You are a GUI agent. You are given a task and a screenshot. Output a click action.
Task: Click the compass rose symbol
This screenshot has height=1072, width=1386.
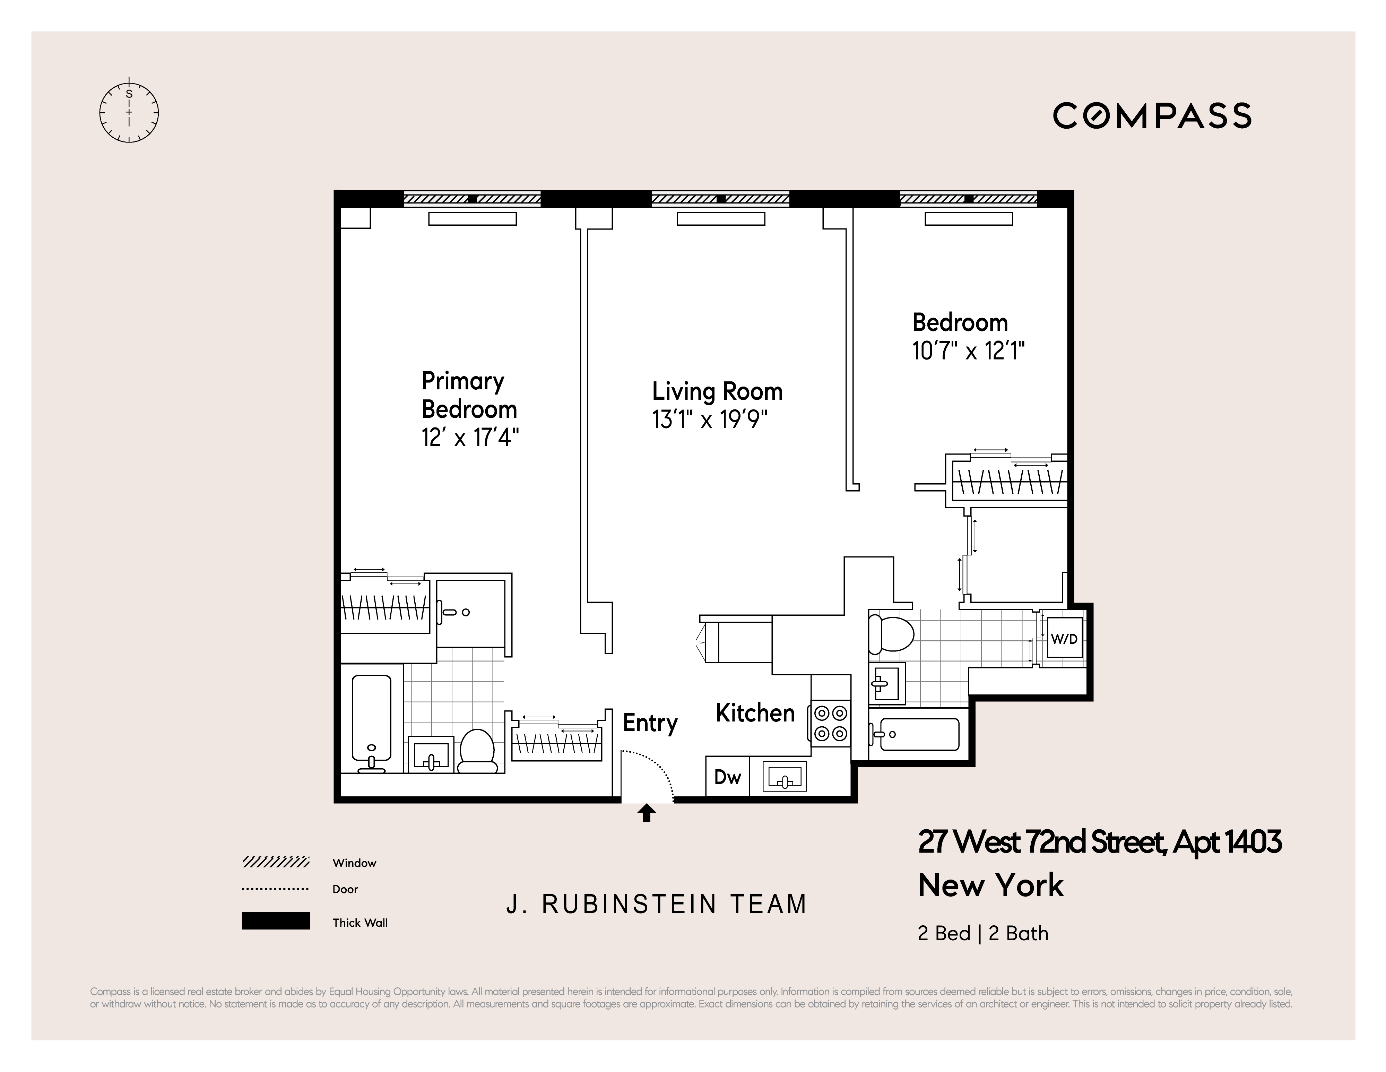coord(129,113)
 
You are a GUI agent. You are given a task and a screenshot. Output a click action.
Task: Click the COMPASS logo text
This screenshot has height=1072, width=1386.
coord(1152,116)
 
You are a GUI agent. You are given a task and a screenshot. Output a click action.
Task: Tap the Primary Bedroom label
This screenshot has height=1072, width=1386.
coord(468,395)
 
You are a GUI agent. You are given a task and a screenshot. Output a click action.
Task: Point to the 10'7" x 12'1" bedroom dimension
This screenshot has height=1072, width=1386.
coord(968,351)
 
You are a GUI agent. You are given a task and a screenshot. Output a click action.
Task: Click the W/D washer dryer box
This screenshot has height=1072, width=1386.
coord(1064,639)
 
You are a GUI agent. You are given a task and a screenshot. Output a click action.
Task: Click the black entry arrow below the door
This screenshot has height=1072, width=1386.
coord(647,813)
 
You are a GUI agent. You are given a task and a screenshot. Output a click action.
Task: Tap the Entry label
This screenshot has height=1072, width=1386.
coord(650,723)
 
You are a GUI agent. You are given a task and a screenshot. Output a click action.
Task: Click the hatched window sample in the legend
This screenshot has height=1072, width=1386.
coord(275,862)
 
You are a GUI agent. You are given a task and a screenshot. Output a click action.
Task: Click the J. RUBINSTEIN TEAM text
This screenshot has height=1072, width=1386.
coord(656,904)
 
